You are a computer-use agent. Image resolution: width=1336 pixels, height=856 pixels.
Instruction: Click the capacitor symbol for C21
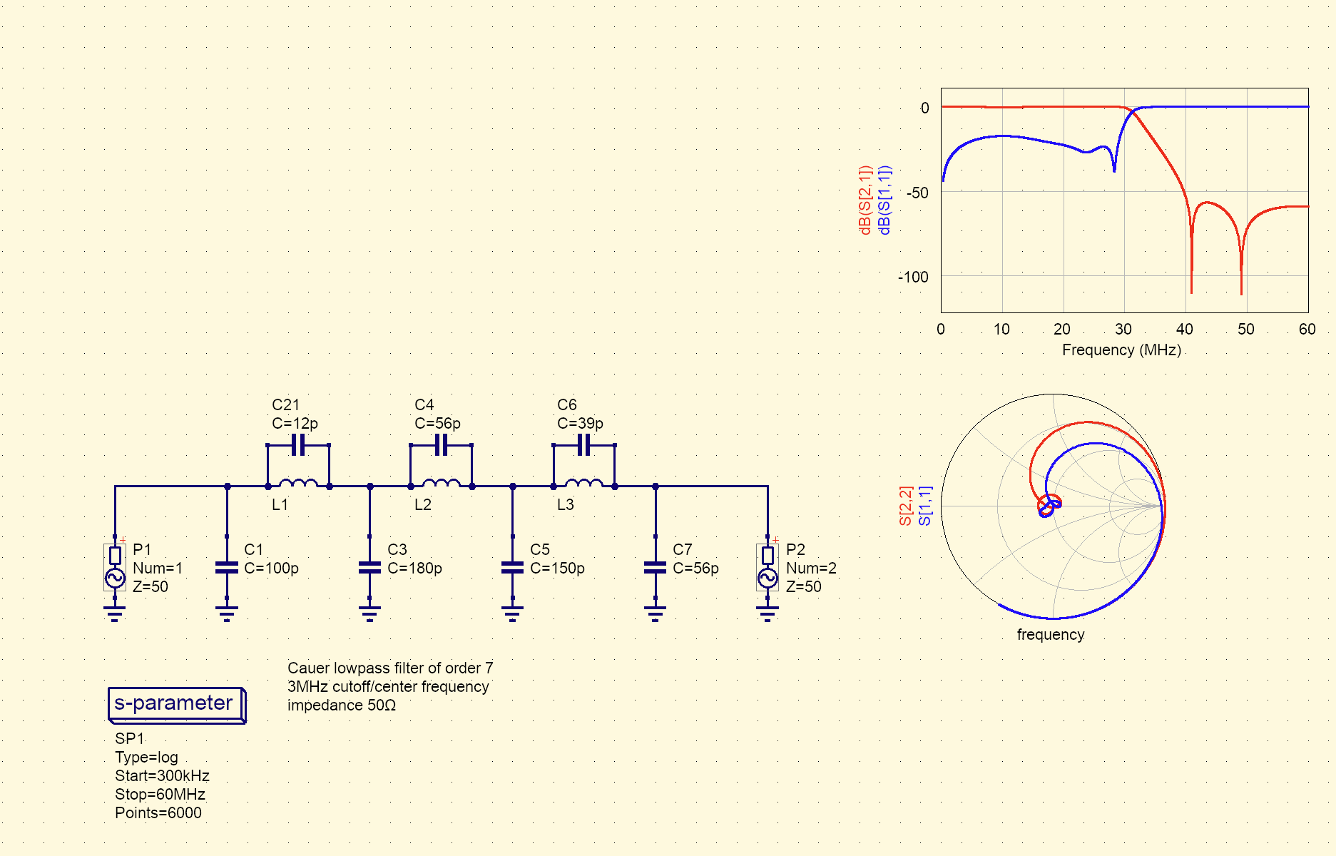pyautogui.click(x=298, y=445)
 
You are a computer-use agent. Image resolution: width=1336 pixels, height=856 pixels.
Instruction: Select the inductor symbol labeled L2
pyautogui.click(x=441, y=484)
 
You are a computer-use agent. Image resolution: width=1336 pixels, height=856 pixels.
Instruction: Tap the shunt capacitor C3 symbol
pyautogui.click(x=369, y=568)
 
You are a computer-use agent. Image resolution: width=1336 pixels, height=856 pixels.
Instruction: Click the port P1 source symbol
pyautogui.click(x=115, y=567)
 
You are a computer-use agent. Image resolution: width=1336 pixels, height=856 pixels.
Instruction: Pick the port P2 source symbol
pyautogui.click(x=768, y=567)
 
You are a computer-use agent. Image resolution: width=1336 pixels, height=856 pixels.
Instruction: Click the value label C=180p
pyautogui.click(x=414, y=569)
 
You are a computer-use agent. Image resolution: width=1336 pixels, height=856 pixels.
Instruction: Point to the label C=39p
pyautogui.click(x=580, y=424)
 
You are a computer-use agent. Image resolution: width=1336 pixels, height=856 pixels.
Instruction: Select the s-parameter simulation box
pyautogui.click(x=176, y=705)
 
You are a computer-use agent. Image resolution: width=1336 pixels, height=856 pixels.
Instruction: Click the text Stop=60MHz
pyautogui.click(x=160, y=795)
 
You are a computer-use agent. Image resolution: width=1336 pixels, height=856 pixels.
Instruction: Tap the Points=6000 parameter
pyautogui.click(x=158, y=813)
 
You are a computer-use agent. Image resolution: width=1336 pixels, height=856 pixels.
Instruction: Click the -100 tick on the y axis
pyautogui.click(x=913, y=277)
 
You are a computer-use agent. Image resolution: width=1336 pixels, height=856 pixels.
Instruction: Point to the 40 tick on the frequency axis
pyautogui.click(x=1185, y=330)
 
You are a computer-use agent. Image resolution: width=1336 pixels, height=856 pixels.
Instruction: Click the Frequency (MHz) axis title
pyautogui.click(x=1121, y=350)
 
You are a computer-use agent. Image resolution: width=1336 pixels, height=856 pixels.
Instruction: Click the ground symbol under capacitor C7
pyautogui.click(x=655, y=613)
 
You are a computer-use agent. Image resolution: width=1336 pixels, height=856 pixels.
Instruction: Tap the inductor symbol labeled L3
pyautogui.click(x=583, y=484)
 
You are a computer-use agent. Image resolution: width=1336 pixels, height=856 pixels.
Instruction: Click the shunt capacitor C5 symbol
pyautogui.click(x=512, y=568)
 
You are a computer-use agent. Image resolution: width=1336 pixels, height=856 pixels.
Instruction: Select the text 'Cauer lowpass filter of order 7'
pyautogui.click(x=390, y=668)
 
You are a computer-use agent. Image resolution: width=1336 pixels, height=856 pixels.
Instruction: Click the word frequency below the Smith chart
pyautogui.click(x=1051, y=635)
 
